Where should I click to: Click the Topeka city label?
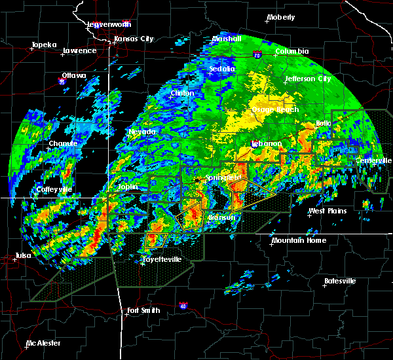[44, 45]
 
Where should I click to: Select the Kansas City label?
[134, 39]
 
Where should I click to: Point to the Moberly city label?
[281, 17]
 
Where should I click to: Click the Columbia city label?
[291, 51]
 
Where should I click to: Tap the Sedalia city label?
[221, 68]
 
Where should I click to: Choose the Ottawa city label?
[74, 75]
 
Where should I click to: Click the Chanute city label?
[64, 143]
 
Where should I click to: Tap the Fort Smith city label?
[143, 310]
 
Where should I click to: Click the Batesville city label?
[340, 281]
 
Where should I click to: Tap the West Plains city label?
[327, 211]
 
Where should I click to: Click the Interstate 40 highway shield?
[183, 306]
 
